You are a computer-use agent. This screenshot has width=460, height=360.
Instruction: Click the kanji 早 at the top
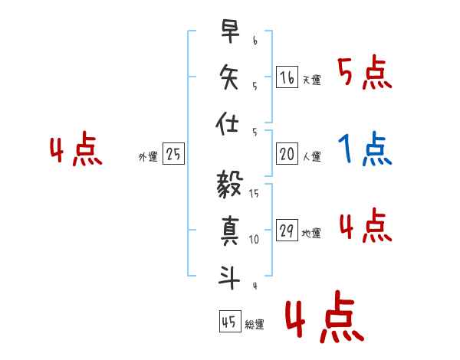click(229, 32)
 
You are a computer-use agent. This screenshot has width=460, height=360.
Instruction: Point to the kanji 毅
click(229, 186)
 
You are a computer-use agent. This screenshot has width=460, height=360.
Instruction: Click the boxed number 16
click(287, 77)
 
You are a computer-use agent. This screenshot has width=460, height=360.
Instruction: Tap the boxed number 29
click(287, 231)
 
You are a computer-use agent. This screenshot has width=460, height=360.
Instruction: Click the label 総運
click(255, 325)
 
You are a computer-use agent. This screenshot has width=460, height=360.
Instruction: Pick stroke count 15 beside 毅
click(254, 194)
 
